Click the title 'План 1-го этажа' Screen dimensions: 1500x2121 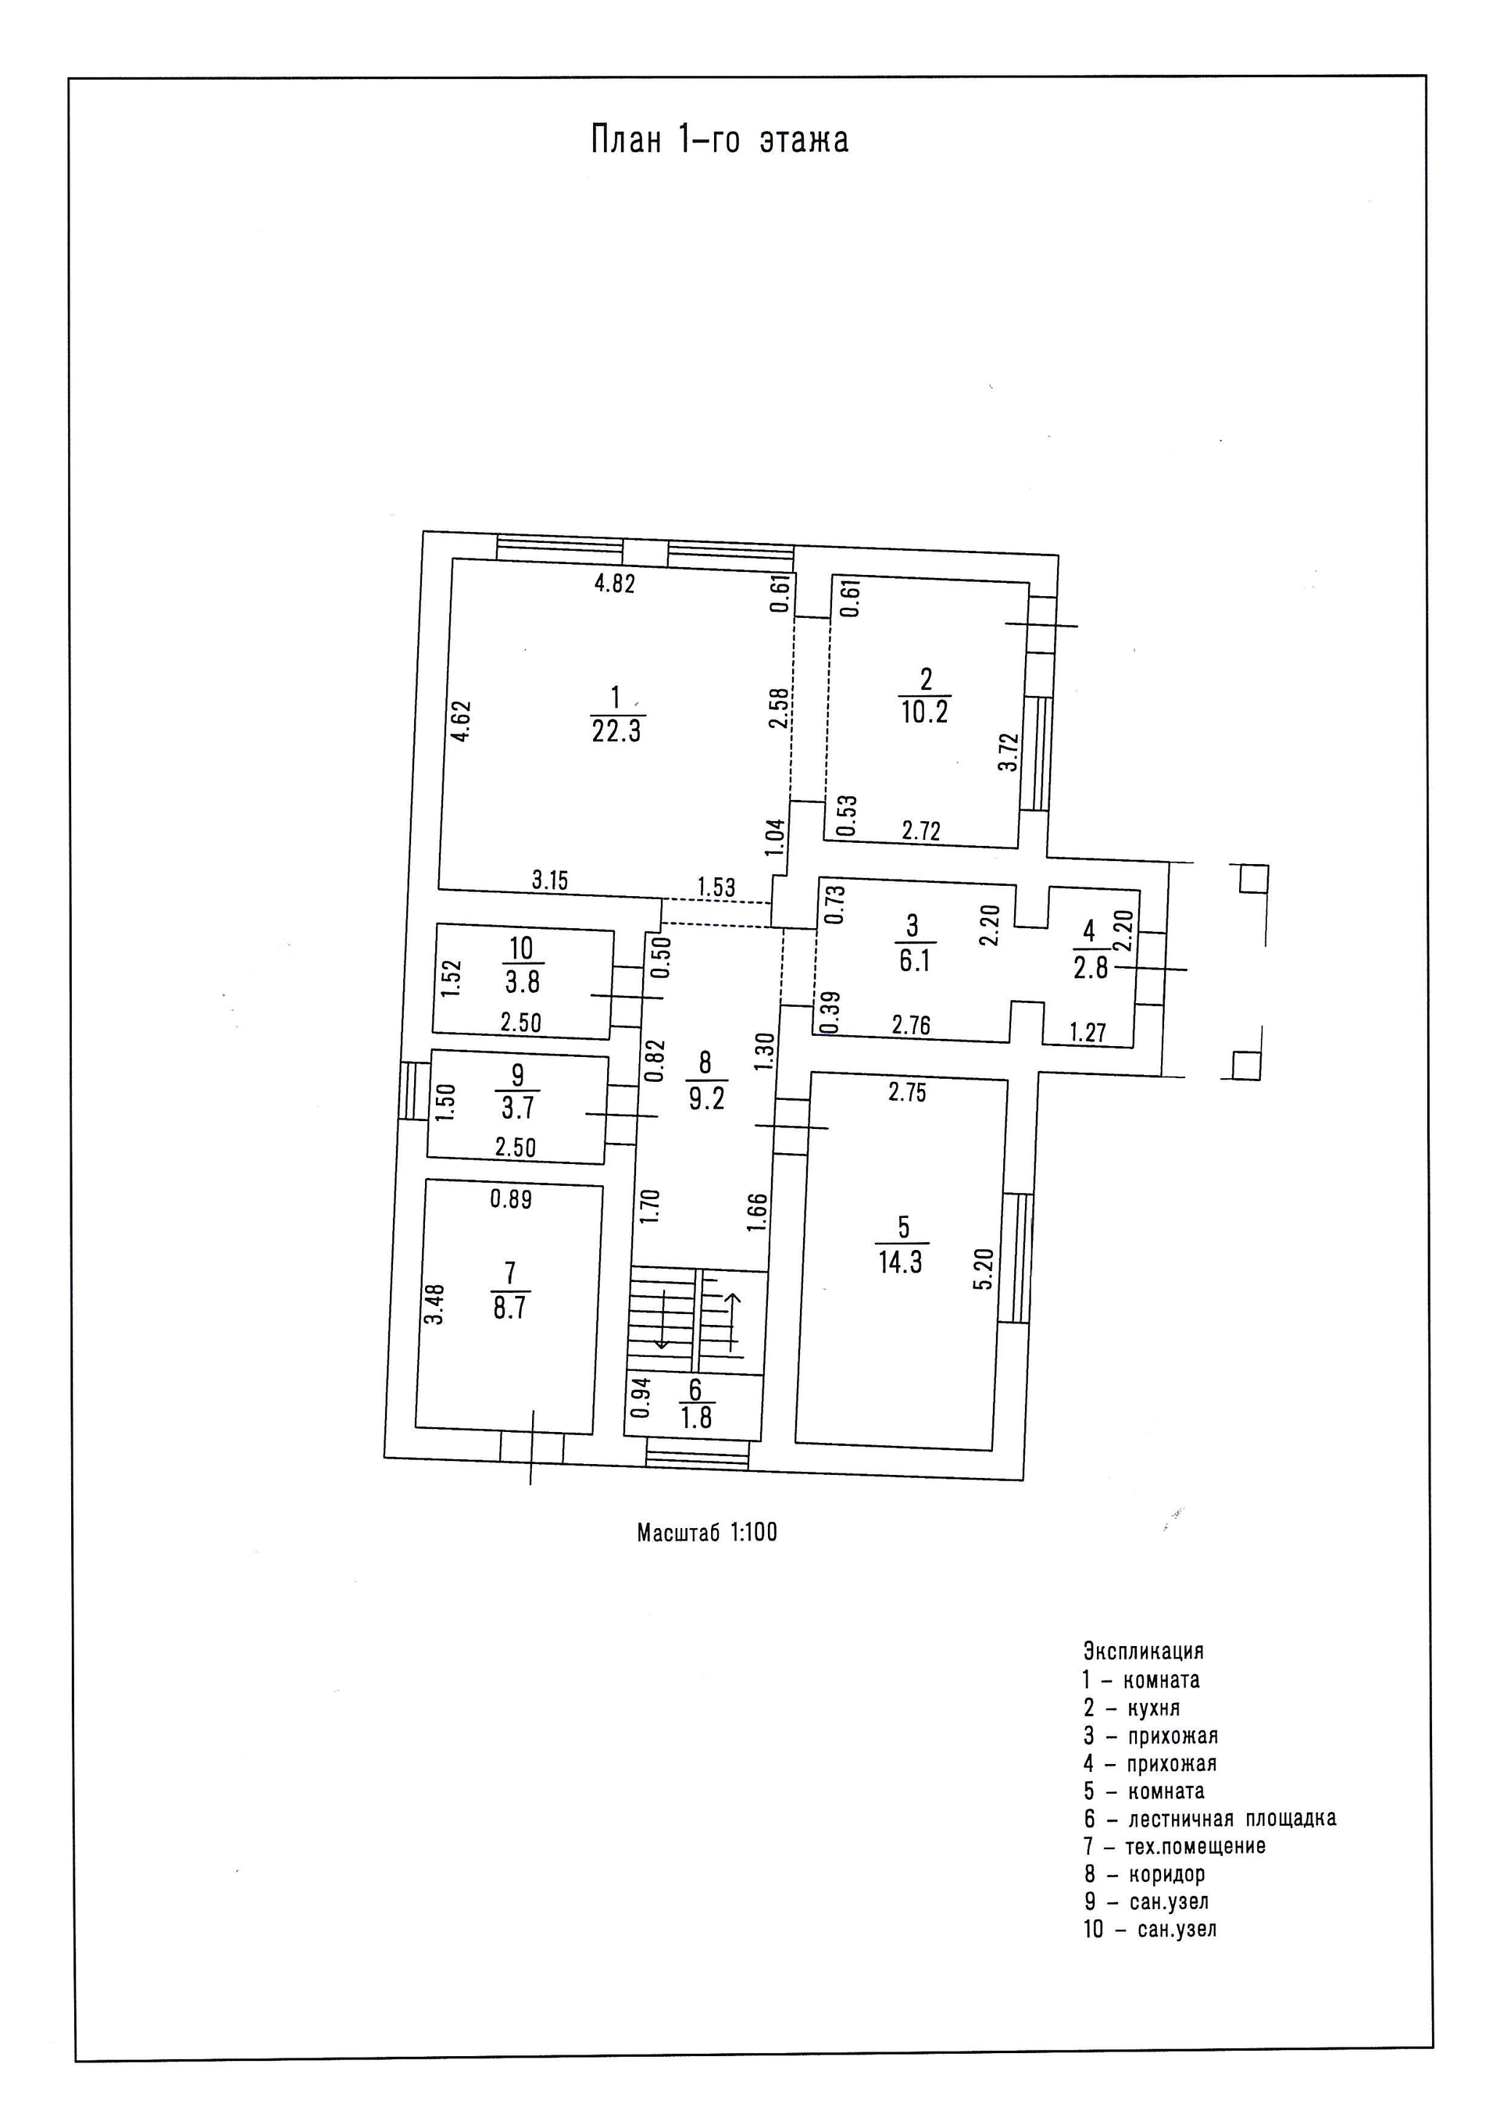(720, 141)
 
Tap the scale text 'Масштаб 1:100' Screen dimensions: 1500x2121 (706, 1534)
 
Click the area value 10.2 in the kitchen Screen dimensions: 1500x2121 (924, 712)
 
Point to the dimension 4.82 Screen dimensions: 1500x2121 (614, 584)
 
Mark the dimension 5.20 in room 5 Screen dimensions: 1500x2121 (984, 1269)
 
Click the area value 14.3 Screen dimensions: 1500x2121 (901, 1262)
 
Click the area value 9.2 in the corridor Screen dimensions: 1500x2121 (706, 1098)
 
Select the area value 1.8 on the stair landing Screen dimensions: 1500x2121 (696, 1418)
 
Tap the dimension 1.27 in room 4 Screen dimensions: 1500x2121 (1088, 1032)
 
